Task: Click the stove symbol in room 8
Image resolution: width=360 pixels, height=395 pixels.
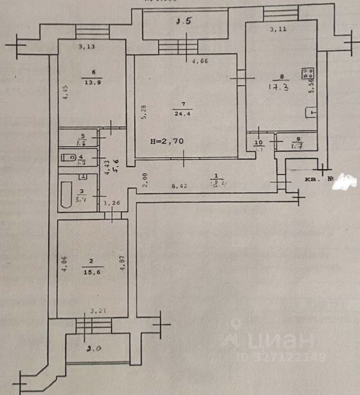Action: tap(308, 74)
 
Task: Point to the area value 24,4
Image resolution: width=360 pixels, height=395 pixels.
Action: tap(180, 113)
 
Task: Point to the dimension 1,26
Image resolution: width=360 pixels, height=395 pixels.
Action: tap(112, 203)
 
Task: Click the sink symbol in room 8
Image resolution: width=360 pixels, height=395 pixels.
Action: tap(312, 113)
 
